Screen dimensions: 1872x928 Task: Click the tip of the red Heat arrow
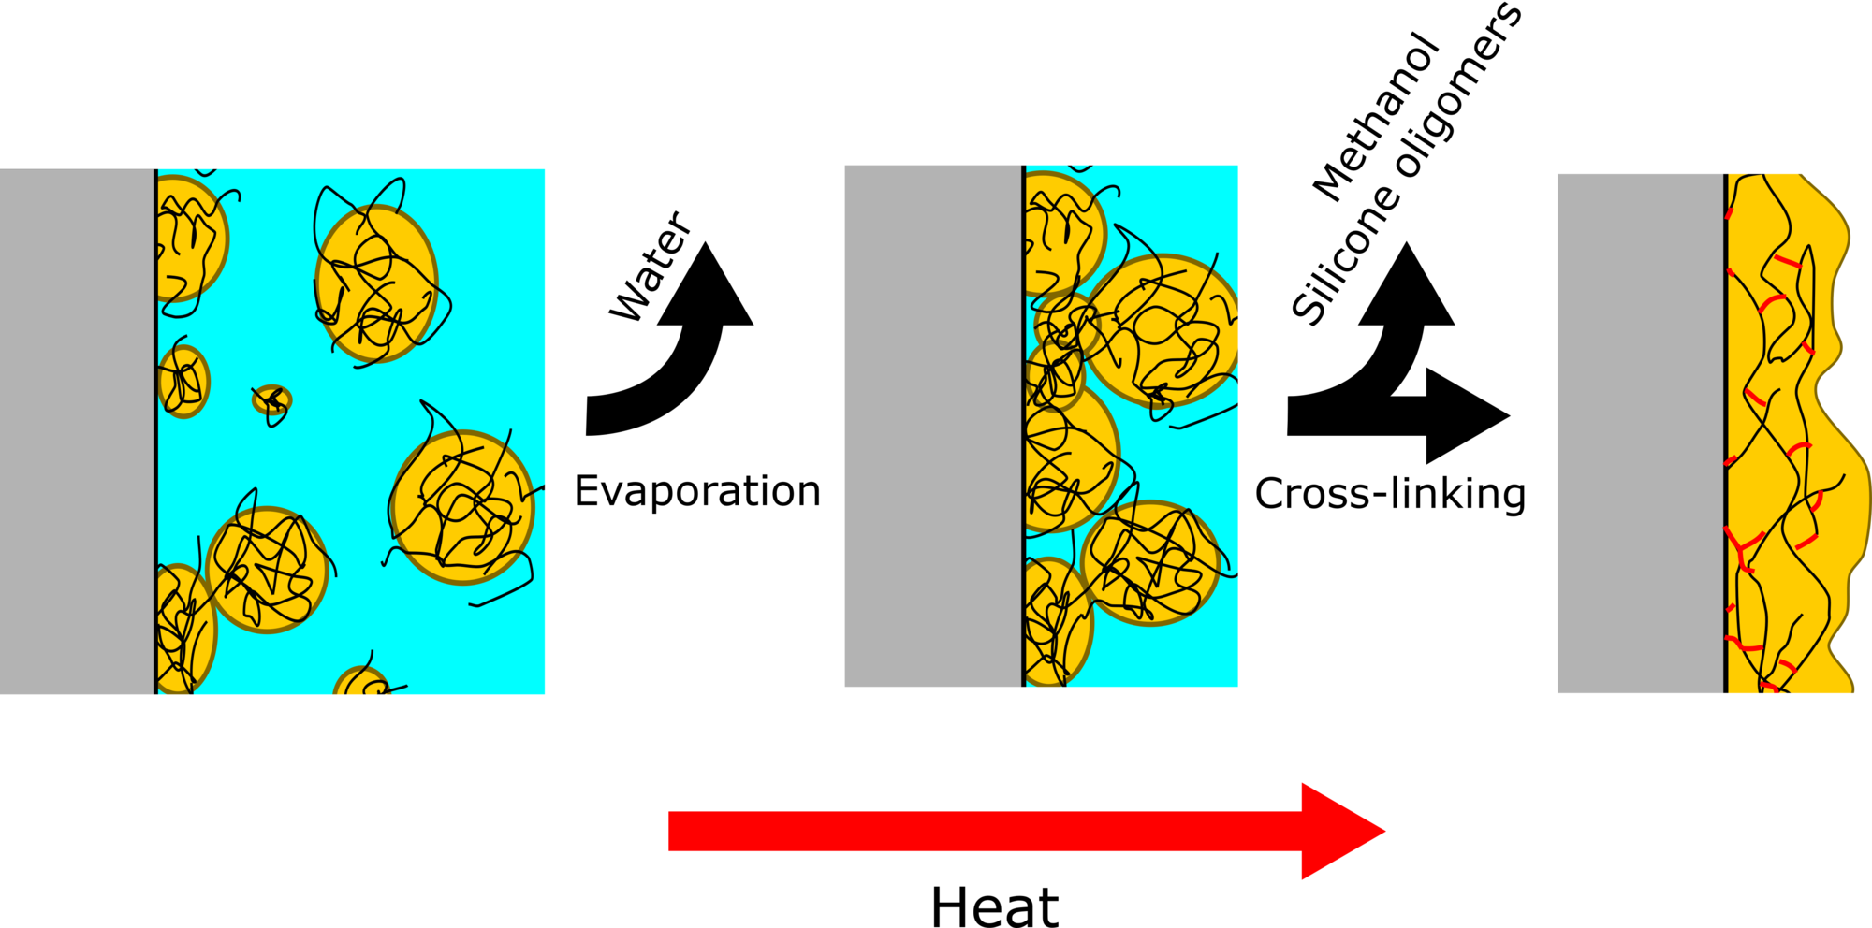[x=1385, y=831]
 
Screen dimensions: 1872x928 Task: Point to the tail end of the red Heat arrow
[x=669, y=831]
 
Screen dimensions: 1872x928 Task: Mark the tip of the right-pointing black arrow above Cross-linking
[x=1510, y=416]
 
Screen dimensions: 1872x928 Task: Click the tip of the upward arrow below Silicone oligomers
[x=1406, y=242]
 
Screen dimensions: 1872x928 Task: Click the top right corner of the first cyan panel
[x=544, y=169]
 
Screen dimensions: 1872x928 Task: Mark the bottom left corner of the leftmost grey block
[x=0, y=693]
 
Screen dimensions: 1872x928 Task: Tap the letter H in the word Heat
[x=950, y=906]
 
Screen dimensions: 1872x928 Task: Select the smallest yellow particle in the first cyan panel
[x=272, y=400]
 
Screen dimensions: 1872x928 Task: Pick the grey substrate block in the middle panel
[x=933, y=426]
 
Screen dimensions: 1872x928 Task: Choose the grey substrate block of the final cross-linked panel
[x=1641, y=433]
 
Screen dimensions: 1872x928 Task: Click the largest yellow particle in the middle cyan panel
[x=1162, y=330]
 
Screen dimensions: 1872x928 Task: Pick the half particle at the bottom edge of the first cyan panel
[x=361, y=681]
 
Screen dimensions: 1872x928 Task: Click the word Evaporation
[x=697, y=491]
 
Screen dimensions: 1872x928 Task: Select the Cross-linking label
[x=1390, y=493]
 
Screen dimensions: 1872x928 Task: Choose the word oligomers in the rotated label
[x=1459, y=89]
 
